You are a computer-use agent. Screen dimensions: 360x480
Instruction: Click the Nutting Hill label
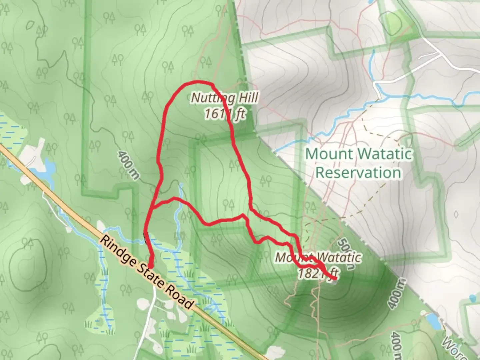(x=225, y=98)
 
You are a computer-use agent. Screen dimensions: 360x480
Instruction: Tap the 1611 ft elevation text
(x=225, y=114)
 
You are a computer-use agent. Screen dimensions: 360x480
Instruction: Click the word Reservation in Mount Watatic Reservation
(x=358, y=173)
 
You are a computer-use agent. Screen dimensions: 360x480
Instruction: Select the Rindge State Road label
(x=147, y=272)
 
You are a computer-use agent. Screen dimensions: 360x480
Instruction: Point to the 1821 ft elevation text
(x=318, y=274)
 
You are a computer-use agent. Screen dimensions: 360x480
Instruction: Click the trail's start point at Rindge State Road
(x=150, y=266)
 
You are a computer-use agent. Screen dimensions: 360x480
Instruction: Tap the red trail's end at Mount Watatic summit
(x=334, y=278)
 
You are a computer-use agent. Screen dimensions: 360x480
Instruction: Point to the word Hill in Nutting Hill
(x=246, y=98)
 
